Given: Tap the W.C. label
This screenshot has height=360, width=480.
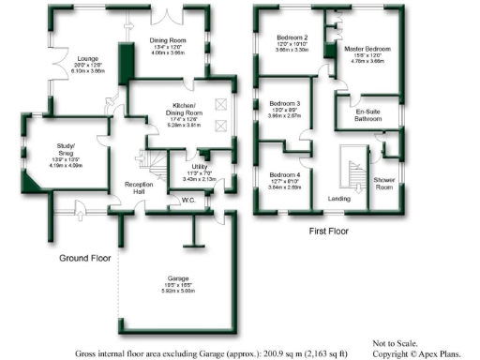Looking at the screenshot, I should point(187,200).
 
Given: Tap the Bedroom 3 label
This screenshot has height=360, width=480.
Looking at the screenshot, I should point(285,103).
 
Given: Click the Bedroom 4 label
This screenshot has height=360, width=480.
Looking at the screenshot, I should point(285,175).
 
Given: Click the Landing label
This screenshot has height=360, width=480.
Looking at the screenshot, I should point(338,199).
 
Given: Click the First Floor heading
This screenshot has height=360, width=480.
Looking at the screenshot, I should point(333,230).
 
